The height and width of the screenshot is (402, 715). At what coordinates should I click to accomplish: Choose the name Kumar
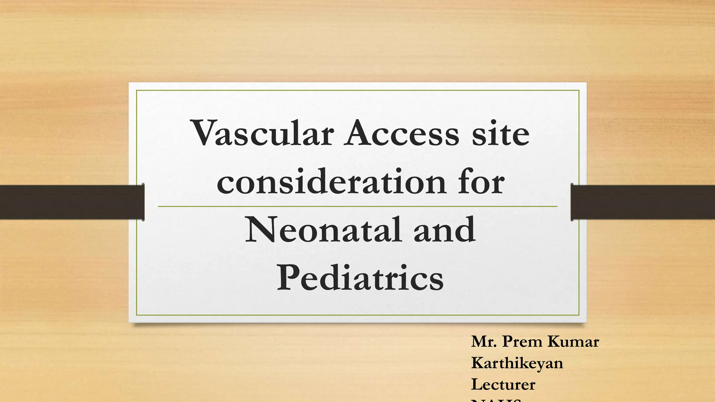tap(573, 342)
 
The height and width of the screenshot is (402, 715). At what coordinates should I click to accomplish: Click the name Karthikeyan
tap(517, 363)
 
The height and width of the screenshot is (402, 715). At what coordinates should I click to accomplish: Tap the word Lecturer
tap(503, 385)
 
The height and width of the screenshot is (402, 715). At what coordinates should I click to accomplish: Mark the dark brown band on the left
tap(72, 202)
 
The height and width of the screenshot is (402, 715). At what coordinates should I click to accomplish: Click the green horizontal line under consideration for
tap(357, 207)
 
